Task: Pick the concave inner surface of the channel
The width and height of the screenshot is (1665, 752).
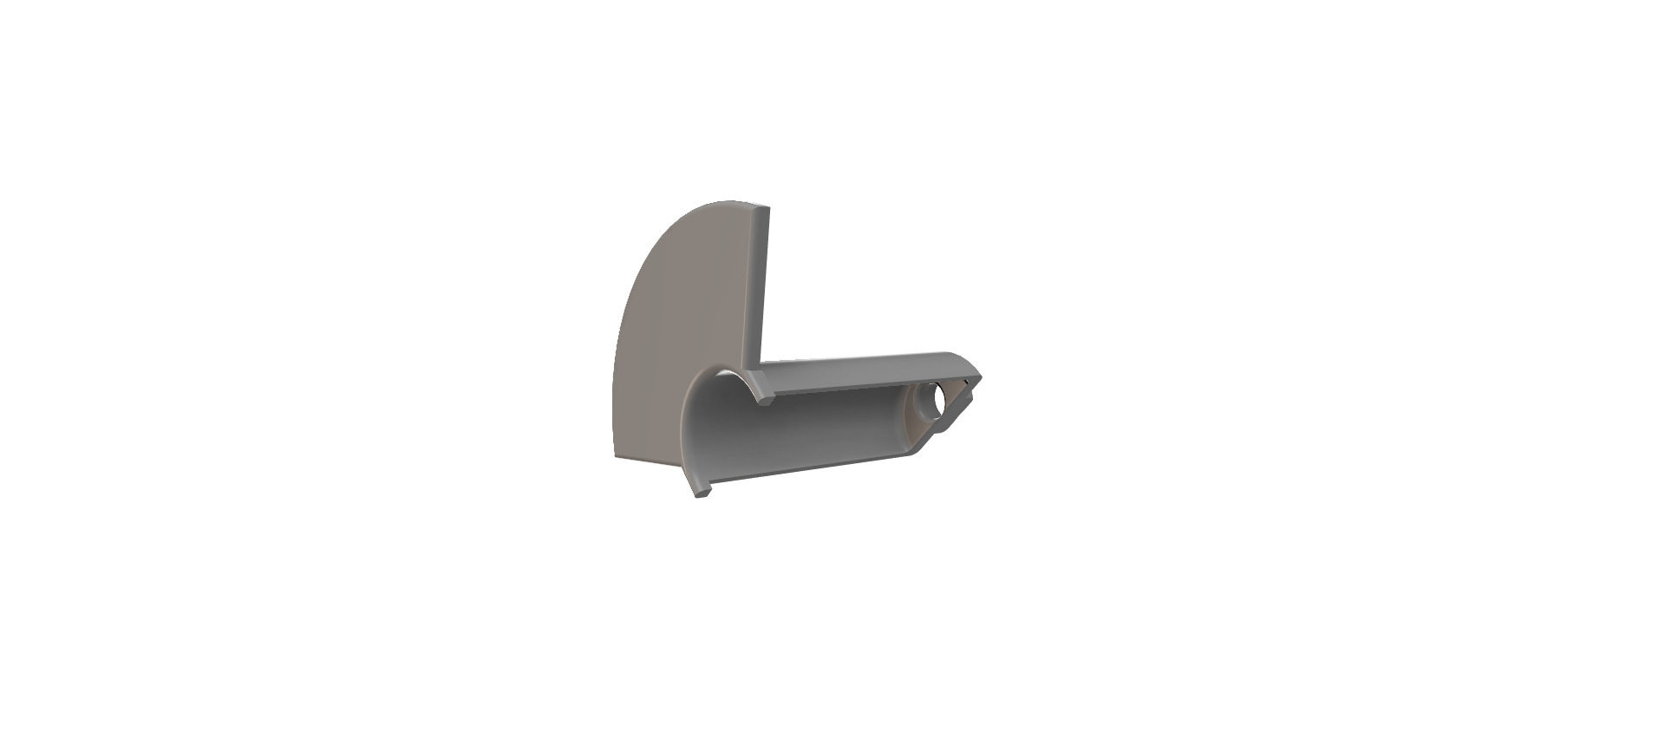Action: click(798, 434)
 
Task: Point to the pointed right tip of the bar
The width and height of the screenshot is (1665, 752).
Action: click(981, 376)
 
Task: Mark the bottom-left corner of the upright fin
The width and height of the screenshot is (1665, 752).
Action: click(615, 456)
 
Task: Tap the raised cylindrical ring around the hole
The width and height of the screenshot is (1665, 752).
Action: click(921, 401)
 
